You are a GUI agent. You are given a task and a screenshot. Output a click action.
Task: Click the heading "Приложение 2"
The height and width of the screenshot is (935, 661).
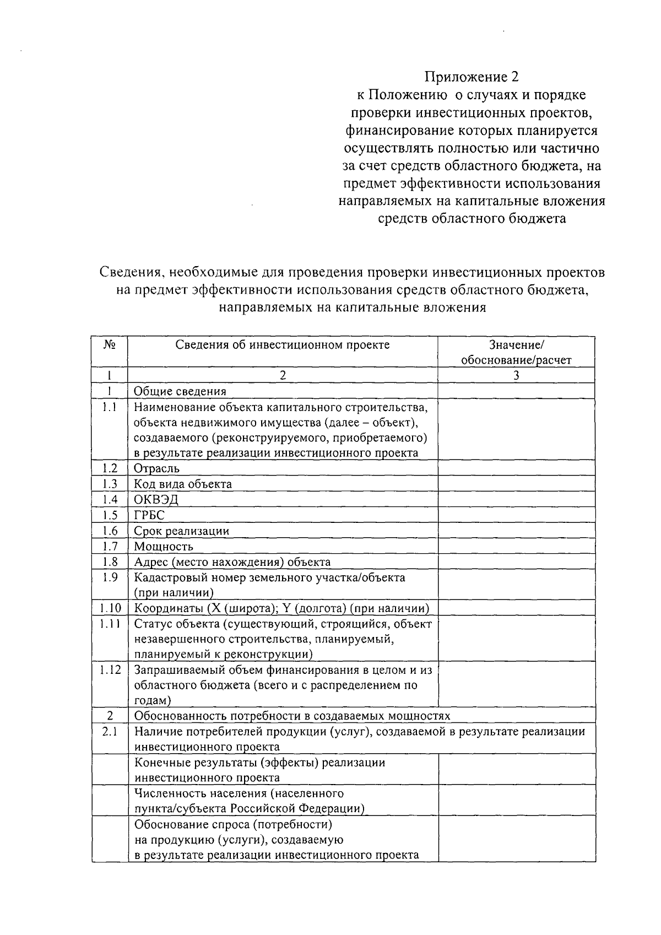click(471, 77)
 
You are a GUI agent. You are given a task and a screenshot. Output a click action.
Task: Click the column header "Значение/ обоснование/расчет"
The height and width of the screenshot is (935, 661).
click(516, 353)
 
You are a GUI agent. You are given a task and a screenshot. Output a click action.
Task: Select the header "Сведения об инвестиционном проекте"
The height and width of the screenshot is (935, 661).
click(283, 345)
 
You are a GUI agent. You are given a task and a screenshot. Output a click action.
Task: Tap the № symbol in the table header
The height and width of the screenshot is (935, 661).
click(110, 345)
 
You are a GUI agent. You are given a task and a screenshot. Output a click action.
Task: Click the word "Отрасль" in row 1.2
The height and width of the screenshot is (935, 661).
click(157, 469)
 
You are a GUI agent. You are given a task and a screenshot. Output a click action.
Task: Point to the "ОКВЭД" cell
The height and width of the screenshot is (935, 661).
click(156, 500)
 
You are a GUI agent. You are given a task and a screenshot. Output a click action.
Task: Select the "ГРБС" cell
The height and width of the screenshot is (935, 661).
click(149, 515)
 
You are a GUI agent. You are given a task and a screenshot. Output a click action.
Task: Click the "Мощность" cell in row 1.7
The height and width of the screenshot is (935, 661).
click(164, 547)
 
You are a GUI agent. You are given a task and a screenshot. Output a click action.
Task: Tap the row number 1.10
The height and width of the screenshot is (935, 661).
click(110, 608)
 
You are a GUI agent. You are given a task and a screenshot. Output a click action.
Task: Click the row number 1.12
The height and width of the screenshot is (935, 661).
click(110, 670)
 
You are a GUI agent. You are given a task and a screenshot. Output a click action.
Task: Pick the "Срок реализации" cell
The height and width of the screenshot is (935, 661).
click(182, 531)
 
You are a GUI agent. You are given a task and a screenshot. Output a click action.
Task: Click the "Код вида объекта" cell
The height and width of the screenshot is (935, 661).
click(183, 484)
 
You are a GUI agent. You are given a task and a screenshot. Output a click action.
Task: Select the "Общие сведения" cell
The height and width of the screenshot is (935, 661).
click(180, 391)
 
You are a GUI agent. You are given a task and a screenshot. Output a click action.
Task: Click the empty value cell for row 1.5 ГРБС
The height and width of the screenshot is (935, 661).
click(516, 515)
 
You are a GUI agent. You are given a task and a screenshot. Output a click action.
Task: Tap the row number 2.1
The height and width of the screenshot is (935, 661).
click(110, 732)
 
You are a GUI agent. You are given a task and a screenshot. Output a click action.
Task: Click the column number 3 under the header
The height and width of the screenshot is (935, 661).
click(516, 376)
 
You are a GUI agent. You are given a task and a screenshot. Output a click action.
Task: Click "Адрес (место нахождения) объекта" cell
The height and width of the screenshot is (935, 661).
click(232, 562)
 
